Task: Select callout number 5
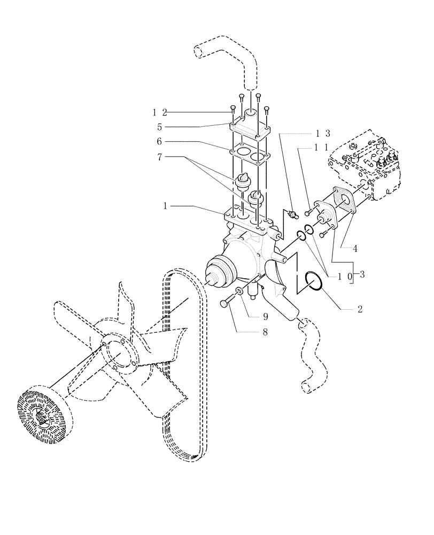coord(159,127)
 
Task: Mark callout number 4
coord(354,248)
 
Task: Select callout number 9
coord(250,316)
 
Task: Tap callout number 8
coord(250,332)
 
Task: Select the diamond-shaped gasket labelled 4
coord(340,198)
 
